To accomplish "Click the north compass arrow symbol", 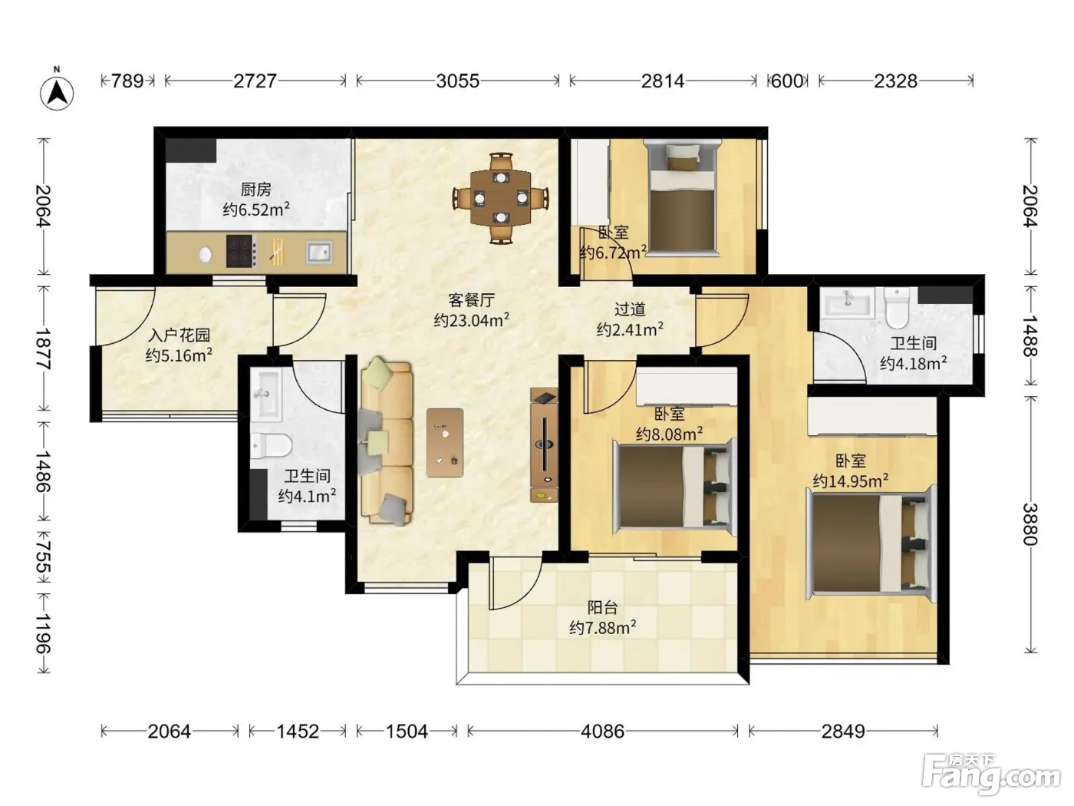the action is tap(58, 92).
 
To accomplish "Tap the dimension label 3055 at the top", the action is tap(457, 81).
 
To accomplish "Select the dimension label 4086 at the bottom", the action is tap(602, 732).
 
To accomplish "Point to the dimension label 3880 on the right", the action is tap(1030, 524).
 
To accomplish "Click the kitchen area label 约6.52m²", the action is tap(256, 210).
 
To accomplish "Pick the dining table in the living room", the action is tap(500, 198).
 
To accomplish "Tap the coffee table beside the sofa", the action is tap(445, 443).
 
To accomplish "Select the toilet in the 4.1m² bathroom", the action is tap(271, 445).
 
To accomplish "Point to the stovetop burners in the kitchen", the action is tap(241, 251).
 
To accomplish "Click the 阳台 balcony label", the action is tap(602, 607).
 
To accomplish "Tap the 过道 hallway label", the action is tap(630, 309).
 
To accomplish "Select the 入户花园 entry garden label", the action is tap(179, 335).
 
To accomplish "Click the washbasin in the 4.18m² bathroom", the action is tap(847, 300).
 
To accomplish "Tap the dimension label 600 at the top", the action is tap(787, 81).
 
